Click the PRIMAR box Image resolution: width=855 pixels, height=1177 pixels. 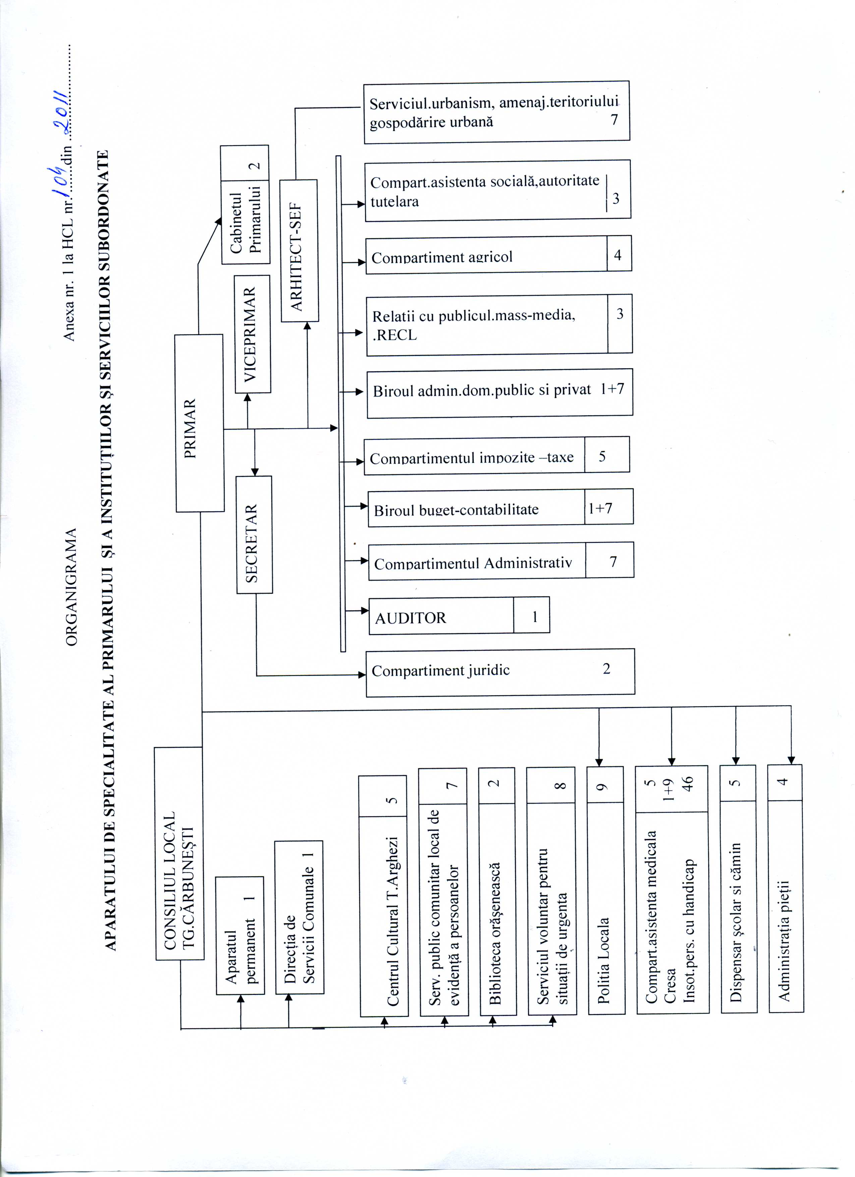click(x=200, y=423)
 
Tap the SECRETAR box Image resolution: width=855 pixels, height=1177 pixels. click(x=254, y=535)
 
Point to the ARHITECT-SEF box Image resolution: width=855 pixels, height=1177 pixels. click(x=299, y=251)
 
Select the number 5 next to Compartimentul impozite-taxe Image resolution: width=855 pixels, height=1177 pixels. click(x=602, y=456)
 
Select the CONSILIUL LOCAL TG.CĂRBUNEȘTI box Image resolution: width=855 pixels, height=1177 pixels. click(x=179, y=854)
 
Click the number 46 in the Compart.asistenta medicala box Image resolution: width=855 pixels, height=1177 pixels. click(x=687, y=783)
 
